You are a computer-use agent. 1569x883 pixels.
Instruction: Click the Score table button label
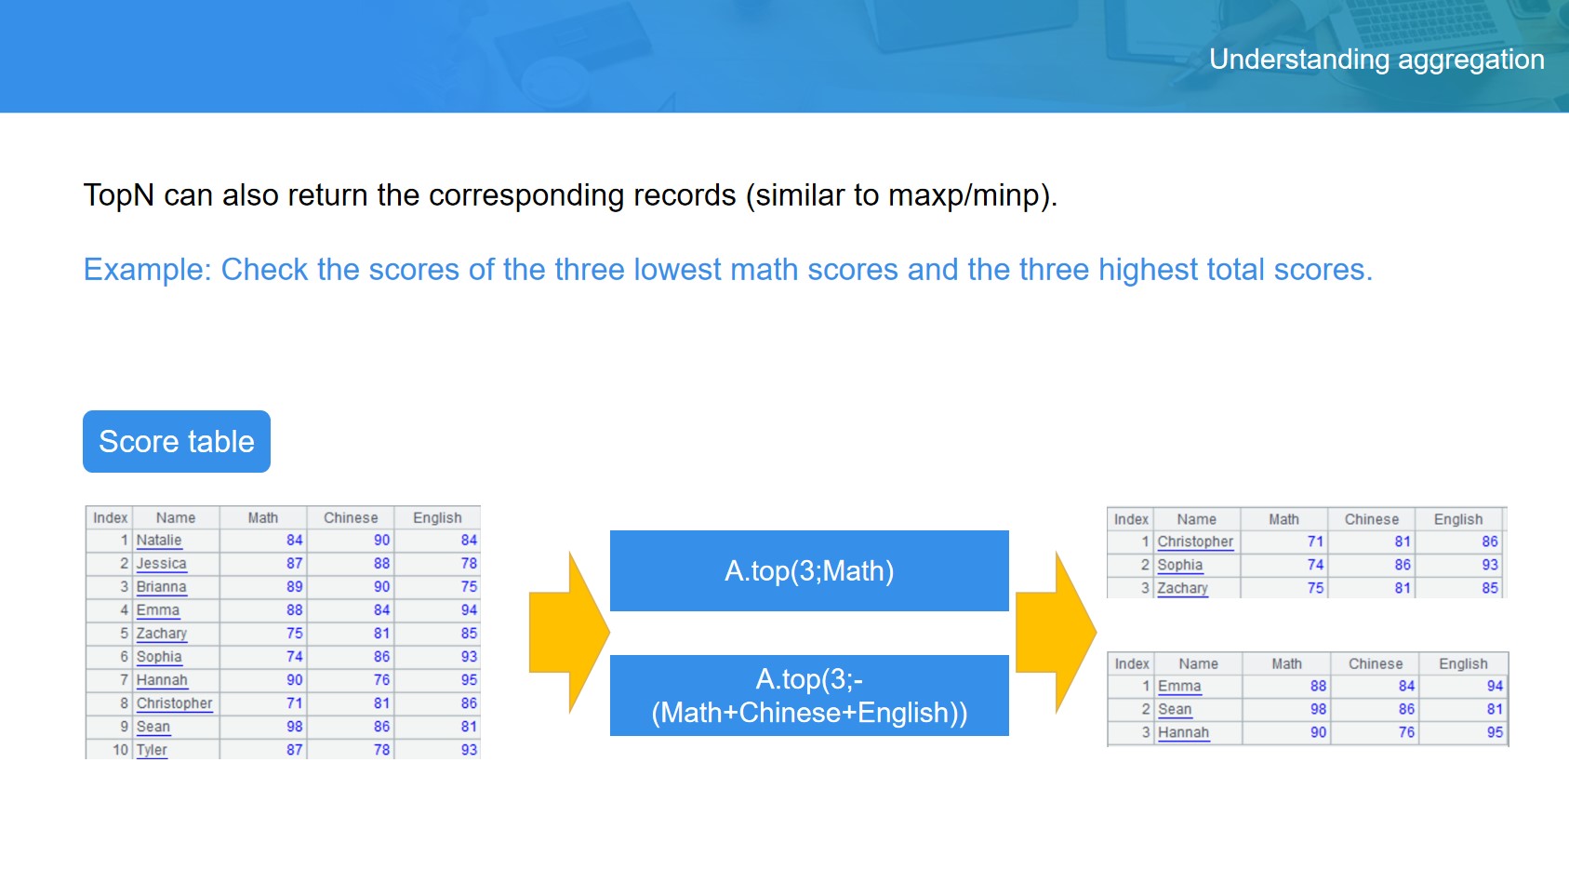[x=177, y=441]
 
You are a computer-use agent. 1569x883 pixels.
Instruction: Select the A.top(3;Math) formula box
[x=809, y=570]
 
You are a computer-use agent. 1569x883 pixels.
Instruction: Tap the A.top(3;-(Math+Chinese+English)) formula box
[x=809, y=695]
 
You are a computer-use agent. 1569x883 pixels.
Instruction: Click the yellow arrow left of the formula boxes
[x=569, y=632]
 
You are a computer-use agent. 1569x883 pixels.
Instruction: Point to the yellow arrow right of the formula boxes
[x=1056, y=632]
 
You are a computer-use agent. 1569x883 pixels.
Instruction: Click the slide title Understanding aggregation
[x=1376, y=60]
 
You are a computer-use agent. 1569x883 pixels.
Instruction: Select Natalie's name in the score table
[x=159, y=541]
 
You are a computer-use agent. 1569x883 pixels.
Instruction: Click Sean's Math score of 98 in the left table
[x=294, y=727]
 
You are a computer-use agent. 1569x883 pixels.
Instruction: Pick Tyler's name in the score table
[x=152, y=750]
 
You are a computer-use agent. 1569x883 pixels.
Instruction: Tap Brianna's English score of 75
[x=469, y=586]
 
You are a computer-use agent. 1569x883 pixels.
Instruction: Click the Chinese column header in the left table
[x=351, y=518]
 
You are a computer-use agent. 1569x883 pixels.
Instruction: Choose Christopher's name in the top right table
[x=1195, y=542]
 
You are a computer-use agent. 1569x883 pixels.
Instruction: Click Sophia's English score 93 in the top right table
[x=1489, y=565]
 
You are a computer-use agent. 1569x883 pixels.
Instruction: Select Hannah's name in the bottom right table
[x=1184, y=732]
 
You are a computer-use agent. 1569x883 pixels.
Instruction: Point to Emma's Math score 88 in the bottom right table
[x=1318, y=686]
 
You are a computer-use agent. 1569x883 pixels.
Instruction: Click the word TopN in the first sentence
[x=118, y=194]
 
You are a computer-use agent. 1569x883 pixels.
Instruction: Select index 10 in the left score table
[x=121, y=750]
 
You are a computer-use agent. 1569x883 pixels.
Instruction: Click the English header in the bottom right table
[x=1463, y=663]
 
